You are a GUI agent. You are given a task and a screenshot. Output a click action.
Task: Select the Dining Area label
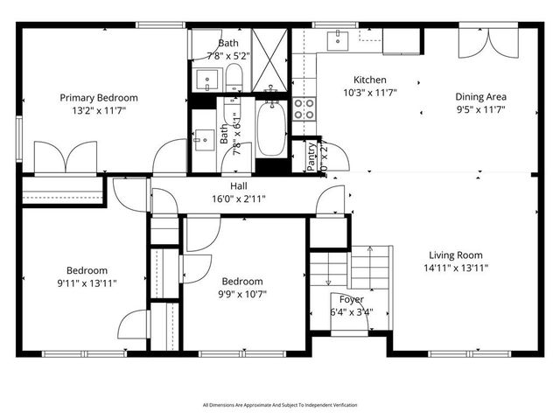pyautogui.click(x=481, y=97)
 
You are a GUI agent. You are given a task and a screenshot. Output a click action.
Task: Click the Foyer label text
pyautogui.click(x=350, y=299)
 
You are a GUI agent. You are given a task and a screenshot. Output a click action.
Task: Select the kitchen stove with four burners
pyautogui.click(x=303, y=108)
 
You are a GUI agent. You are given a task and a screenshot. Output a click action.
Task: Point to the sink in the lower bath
pyautogui.click(x=204, y=138)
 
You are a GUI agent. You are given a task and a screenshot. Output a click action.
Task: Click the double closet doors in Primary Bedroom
pyautogui.click(x=65, y=159)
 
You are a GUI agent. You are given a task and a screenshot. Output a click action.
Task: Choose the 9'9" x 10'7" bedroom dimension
pyautogui.click(x=241, y=293)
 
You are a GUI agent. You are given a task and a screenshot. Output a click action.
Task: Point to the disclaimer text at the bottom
pyautogui.click(x=280, y=405)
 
